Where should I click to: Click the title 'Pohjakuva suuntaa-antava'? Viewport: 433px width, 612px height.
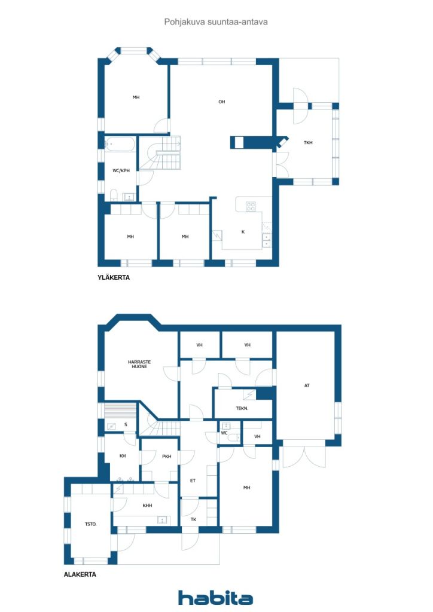click(x=216, y=22)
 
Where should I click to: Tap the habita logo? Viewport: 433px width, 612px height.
click(x=215, y=598)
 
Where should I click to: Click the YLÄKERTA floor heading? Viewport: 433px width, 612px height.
click(x=114, y=277)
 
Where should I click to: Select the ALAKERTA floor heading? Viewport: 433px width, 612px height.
click(x=80, y=574)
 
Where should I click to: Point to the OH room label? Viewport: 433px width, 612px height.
click(x=221, y=102)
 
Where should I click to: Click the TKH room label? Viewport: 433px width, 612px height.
click(x=308, y=142)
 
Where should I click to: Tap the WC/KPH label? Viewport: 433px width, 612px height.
click(x=121, y=171)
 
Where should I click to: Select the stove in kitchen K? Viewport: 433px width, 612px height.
click(x=251, y=206)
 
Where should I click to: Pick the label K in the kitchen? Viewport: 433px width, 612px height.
click(x=243, y=232)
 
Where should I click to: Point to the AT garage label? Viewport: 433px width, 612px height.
click(x=307, y=385)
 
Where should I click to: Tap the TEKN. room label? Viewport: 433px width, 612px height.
click(x=242, y=408)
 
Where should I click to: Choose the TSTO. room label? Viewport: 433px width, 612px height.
click(x=90, y=524)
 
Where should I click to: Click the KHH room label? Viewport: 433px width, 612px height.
click(x=147, y=505)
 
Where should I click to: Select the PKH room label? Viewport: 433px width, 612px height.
click(x=166, y=457)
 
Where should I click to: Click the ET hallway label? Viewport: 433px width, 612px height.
click(x=193, y=480)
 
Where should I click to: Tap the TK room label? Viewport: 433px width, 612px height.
click(x=193, y=519)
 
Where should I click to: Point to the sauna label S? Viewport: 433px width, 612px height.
click(x=126, y=425)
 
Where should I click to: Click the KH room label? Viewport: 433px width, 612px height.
click(x=123, y=456)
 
